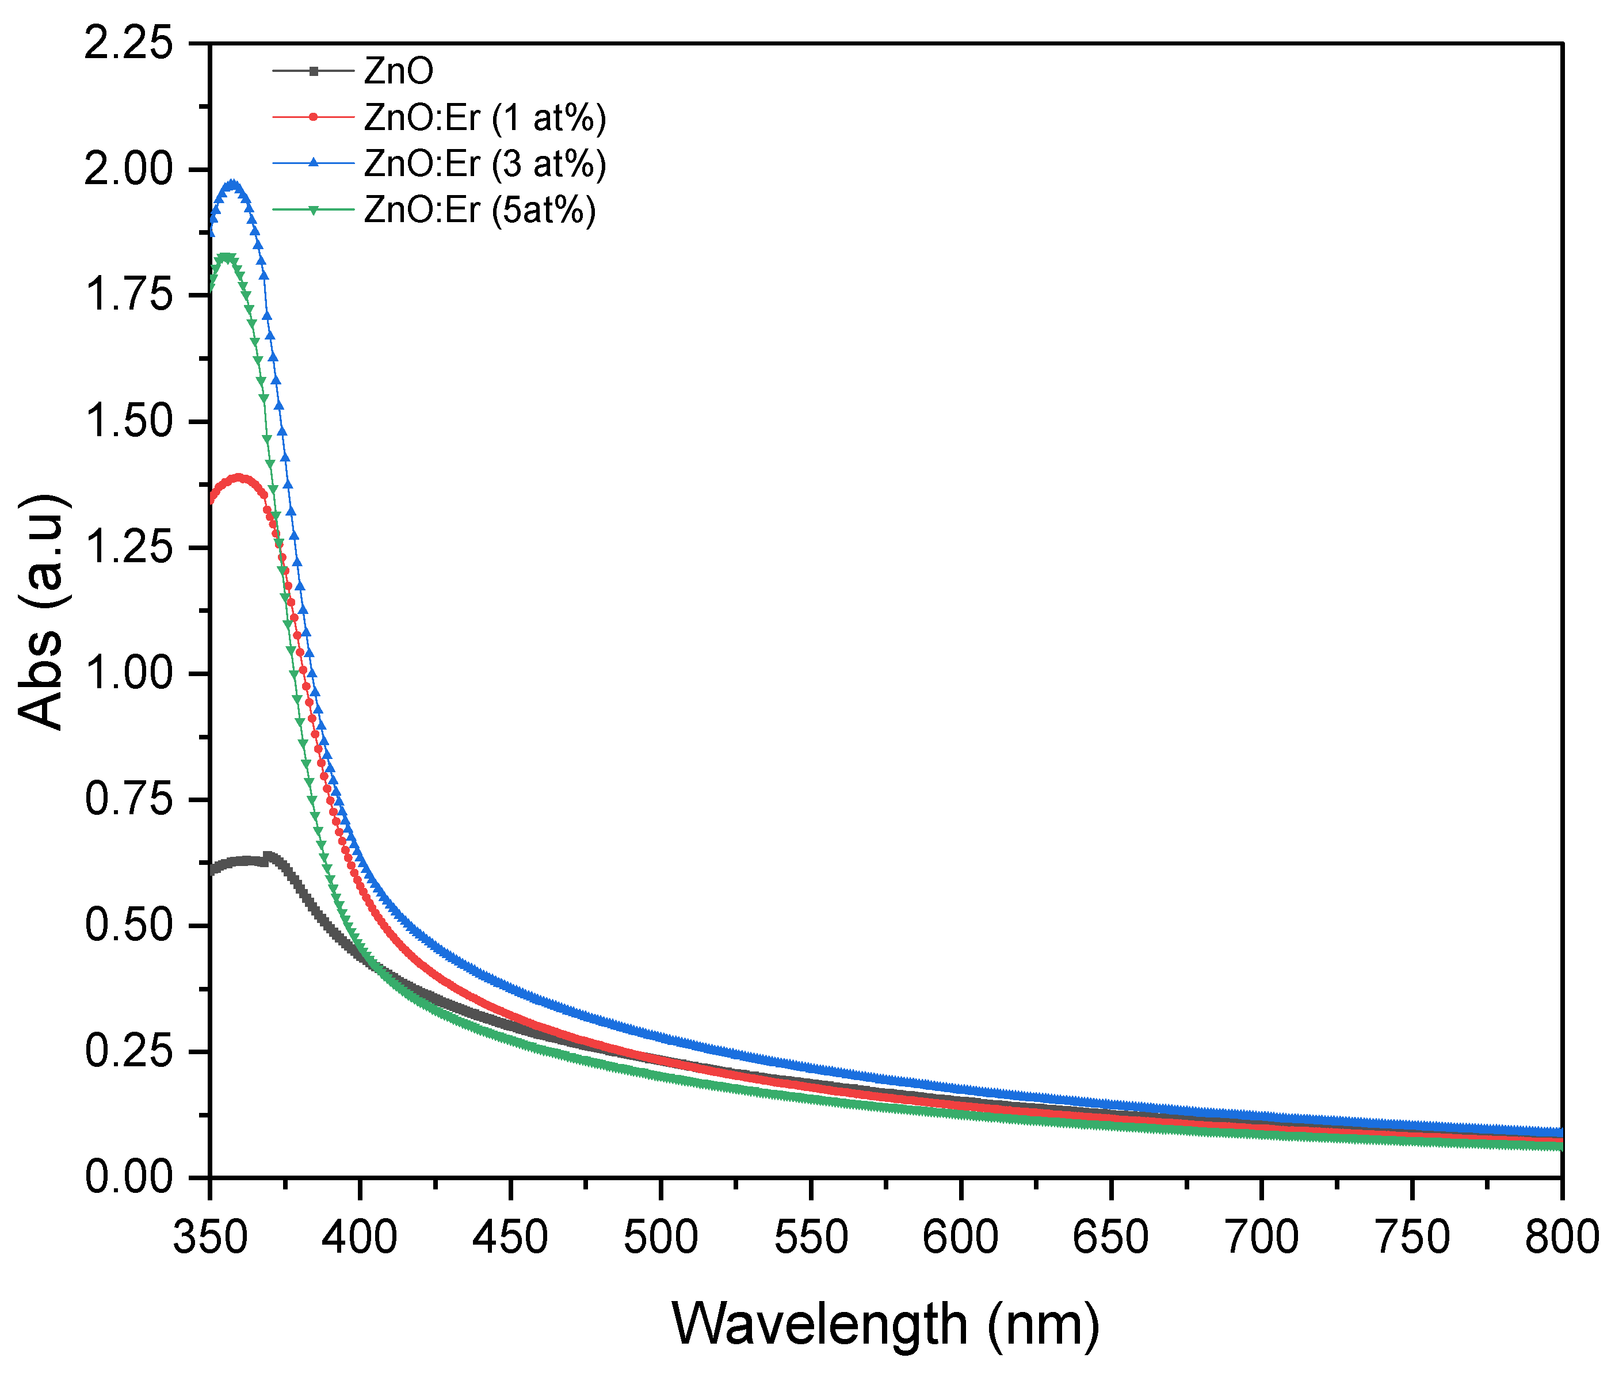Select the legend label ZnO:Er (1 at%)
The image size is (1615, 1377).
(x=485, y=118)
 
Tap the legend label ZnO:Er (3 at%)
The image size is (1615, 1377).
(x=485, y=164)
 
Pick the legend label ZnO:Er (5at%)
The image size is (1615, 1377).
(x=479, y=210)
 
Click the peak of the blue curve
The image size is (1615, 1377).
(x=231, y=184)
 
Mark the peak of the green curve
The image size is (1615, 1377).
(x=226, y=257)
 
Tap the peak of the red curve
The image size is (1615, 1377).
(x=239, y=477)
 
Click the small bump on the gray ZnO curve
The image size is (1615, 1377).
(x=268, y=856)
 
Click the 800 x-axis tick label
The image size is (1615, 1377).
(x=1561, y=1237)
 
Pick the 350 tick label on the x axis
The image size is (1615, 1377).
(x=209, y=1237)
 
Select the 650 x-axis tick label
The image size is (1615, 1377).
(x=1110, y=1237)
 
